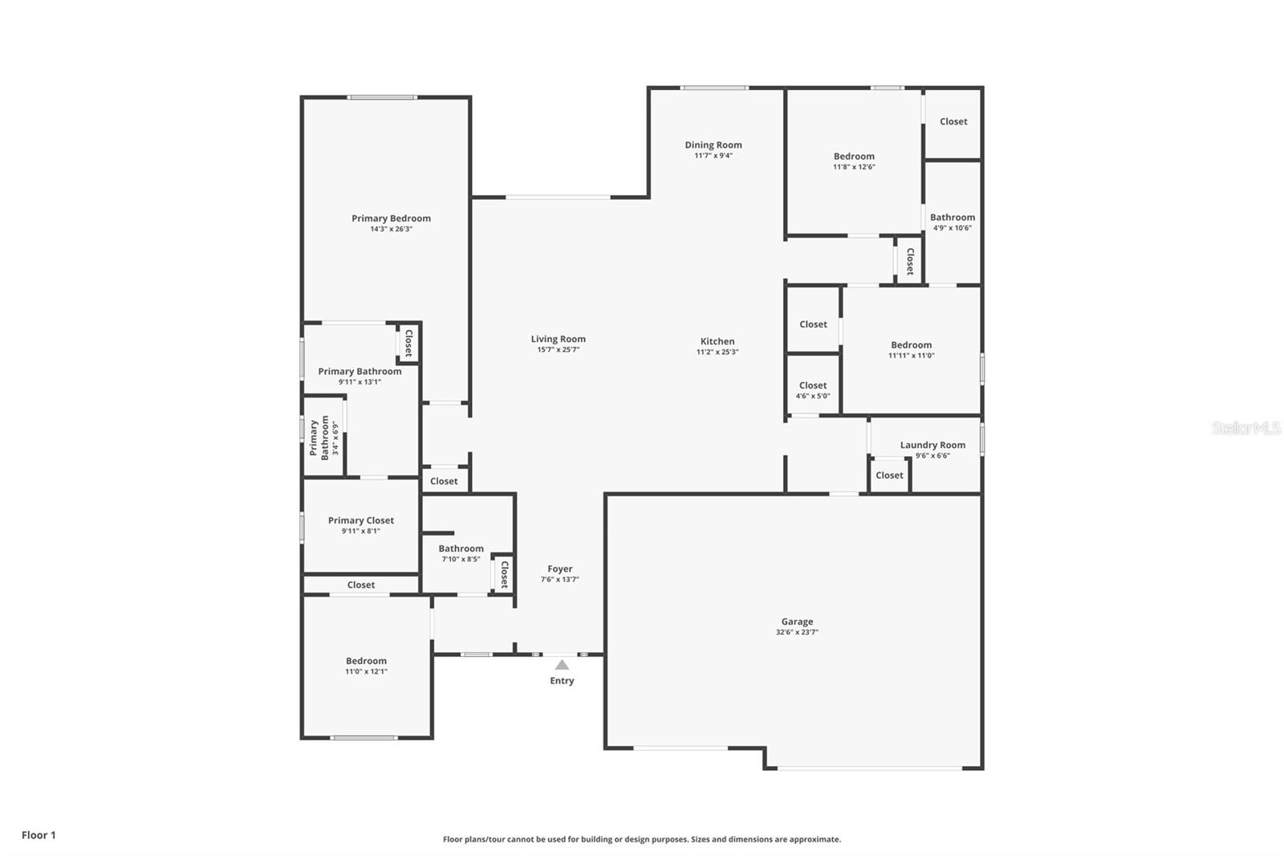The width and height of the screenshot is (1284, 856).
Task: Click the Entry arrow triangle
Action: coord(562,665)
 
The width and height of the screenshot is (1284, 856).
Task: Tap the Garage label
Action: coord(797,622)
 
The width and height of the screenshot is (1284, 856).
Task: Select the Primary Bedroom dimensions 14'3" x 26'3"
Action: coord(391,229)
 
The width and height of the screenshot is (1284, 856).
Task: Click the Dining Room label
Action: coord(713,145)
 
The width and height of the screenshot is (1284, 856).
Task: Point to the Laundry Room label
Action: coord(933,445)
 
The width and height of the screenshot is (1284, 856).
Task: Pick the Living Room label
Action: coord(558,339)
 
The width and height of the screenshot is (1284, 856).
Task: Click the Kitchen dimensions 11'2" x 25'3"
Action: coord(717,352)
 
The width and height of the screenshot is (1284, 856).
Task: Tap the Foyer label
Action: coord(559,569)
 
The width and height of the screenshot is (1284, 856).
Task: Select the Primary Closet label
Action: coord(360,520)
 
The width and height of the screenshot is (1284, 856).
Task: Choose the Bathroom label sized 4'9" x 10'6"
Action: coord(952,218)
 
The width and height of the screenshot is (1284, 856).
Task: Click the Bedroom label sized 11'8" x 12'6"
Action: coord(854,157)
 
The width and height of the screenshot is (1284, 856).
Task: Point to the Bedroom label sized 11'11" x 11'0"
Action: coord(911,345)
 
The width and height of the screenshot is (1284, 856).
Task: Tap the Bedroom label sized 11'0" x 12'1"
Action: coord(366,661)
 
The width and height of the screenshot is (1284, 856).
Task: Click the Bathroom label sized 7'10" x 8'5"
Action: coord(461,548)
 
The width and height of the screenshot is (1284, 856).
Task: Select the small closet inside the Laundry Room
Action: coord(889,475)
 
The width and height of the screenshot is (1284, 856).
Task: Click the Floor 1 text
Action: coord(39,835)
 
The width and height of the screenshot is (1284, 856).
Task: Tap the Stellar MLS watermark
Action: coord(1245,428)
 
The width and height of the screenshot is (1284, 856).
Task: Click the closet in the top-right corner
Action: coord(953,122)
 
